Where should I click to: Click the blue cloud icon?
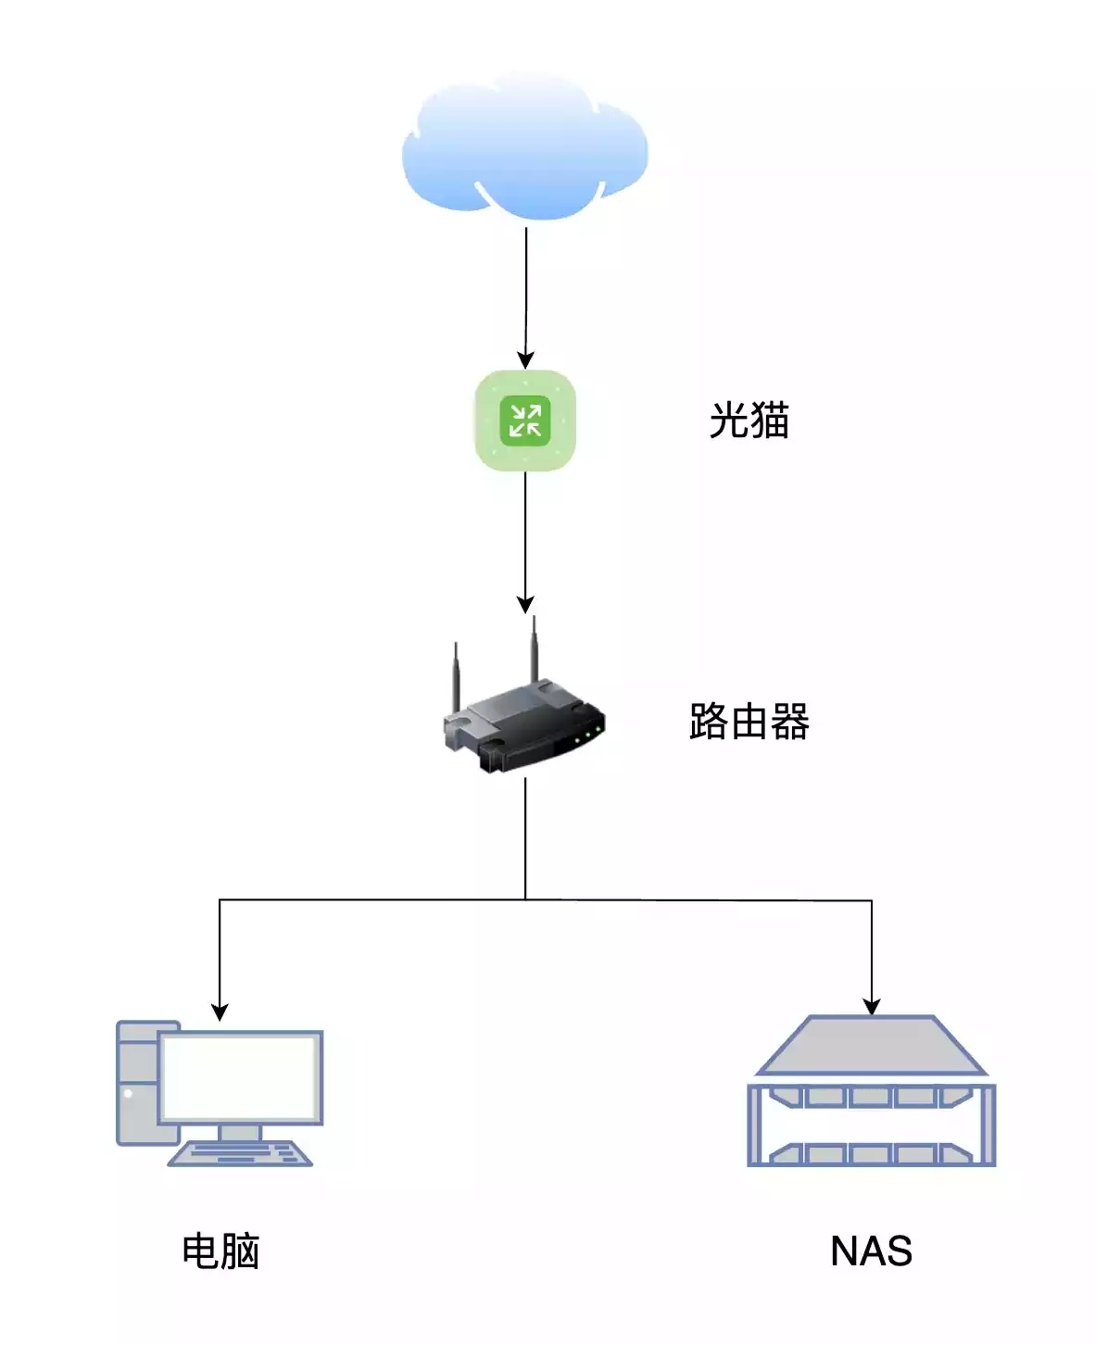point(524,148)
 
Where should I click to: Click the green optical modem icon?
point(525,421)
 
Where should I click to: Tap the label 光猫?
point(749,421)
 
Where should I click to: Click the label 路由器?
point(749,722)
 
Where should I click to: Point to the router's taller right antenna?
point(534,648)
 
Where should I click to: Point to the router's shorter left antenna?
point(456,676)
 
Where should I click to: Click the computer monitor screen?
point(240,1077)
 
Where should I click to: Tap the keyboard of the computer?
point(240,1154)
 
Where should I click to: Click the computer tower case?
point(136,1084)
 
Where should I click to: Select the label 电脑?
point(220,1251)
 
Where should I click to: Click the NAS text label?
point(871,1251)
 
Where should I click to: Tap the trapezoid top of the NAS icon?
point(871,1045)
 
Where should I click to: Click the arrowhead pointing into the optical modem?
point(525,360)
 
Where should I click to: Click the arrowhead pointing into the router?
point(525,605)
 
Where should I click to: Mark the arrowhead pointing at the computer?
point(220,1012)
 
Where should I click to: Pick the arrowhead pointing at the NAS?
point(872,1007)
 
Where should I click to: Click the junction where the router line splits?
point(525,899)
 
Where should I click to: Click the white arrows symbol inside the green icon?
point(525,421)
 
